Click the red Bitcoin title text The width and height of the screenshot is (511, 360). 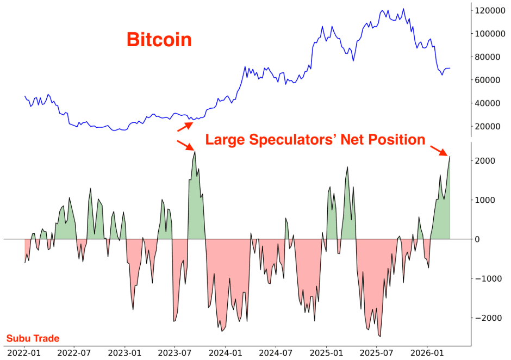click(x=159, y=40)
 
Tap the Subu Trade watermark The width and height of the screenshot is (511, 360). click(x=33, y=339)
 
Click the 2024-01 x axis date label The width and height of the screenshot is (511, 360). click(x=226, y=352)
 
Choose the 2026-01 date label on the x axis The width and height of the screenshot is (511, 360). click(x=427, y=352)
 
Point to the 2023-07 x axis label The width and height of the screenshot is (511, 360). click(x=175, y=352)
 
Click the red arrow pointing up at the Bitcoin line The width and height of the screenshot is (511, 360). click(x=185, y=127)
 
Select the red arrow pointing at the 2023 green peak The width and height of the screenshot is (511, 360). click(x=185, y=145)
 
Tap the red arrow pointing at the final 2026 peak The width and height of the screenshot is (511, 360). click(x=439, y=150)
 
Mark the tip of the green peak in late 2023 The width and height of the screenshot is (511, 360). click(x=195, y=152)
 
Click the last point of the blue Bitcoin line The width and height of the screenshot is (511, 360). click(x=450, y=68)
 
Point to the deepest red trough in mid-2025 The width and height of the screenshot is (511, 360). click(x=379, y=337)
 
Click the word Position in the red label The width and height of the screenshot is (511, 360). click(x=397, y=140)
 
